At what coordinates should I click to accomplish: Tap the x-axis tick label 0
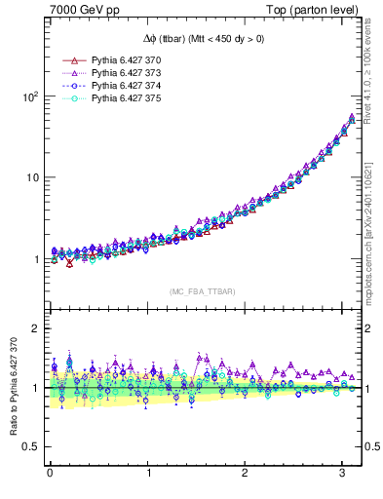pyautogui.click(x=50, y=475)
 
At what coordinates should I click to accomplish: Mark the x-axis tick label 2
pyautogui.click(x=246, y=475)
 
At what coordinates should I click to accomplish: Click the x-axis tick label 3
pyautogui.click(x=343, y=475)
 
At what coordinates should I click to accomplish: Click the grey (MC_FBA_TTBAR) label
pyautogui.click(x=202, y=291)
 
